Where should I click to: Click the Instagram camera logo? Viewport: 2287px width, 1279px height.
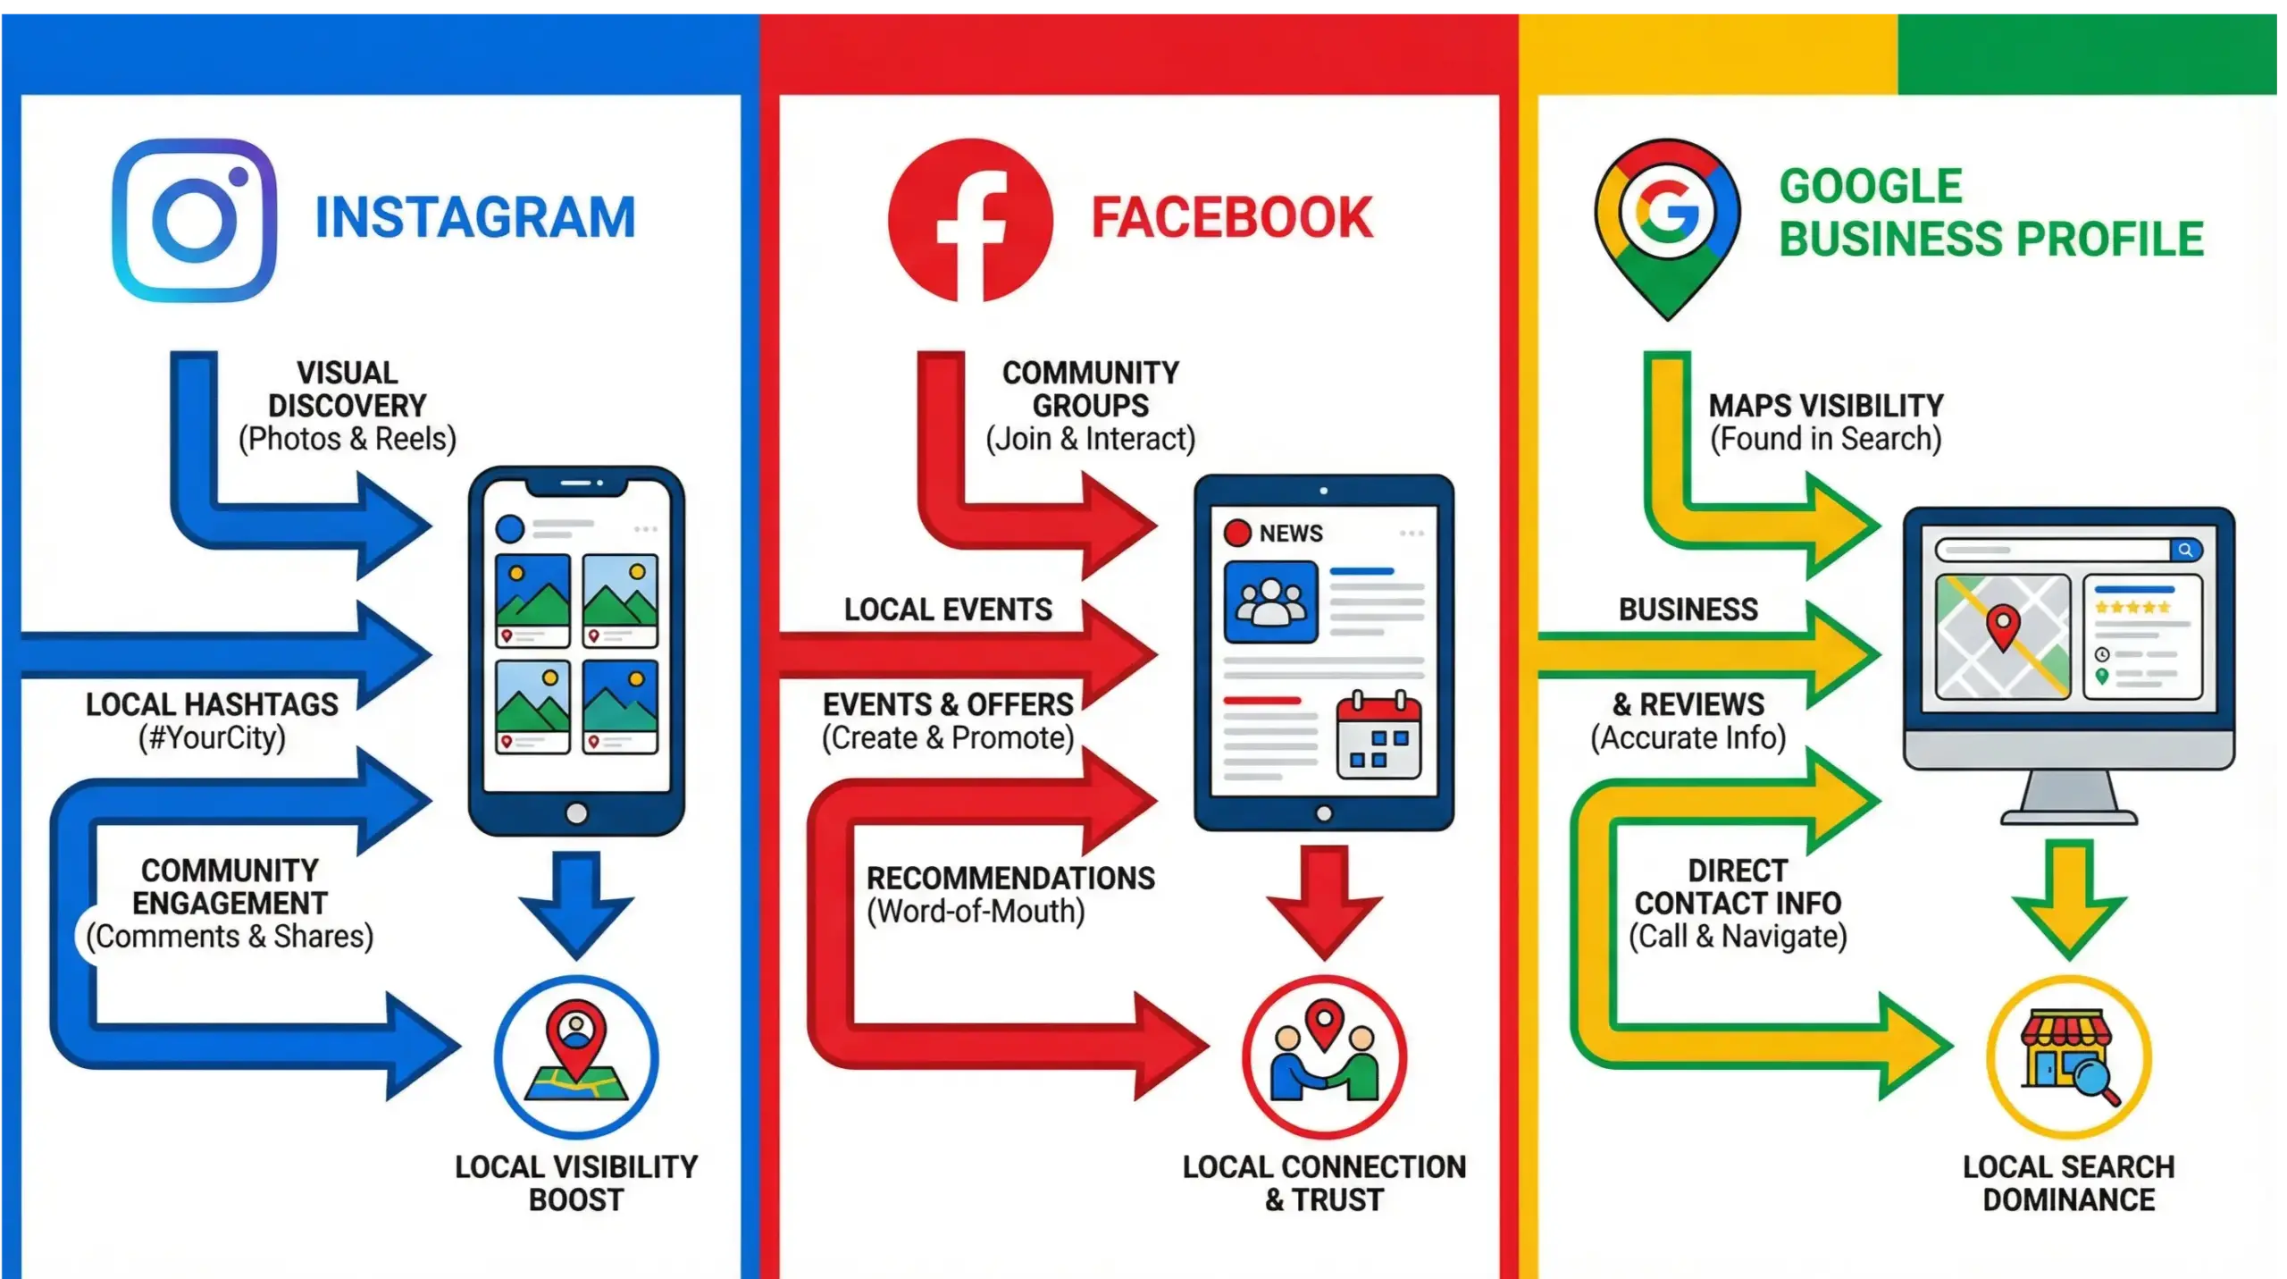point(194,220)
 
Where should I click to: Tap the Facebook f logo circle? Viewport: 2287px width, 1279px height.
point(970,220)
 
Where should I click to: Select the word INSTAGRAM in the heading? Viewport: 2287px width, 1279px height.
point(474,218)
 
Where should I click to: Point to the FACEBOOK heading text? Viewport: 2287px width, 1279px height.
point(1231,218)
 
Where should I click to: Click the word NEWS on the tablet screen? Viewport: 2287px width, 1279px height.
point(1290,534)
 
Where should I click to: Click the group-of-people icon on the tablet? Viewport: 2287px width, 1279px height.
point(1270,602)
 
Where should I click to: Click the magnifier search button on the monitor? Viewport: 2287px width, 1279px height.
point(2185,550)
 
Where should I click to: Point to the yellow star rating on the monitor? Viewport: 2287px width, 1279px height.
point(2132,608)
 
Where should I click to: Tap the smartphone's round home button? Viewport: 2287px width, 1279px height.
point(577,813)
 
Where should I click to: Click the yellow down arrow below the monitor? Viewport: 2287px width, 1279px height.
point(2068,898)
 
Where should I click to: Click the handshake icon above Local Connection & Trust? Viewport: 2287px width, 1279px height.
point(1324,1056)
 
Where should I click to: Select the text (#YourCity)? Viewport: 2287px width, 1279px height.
point(212,738)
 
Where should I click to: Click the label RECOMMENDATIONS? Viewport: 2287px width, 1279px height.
point(1010,878)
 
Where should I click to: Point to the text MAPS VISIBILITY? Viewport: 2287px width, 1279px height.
point(1825,406)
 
